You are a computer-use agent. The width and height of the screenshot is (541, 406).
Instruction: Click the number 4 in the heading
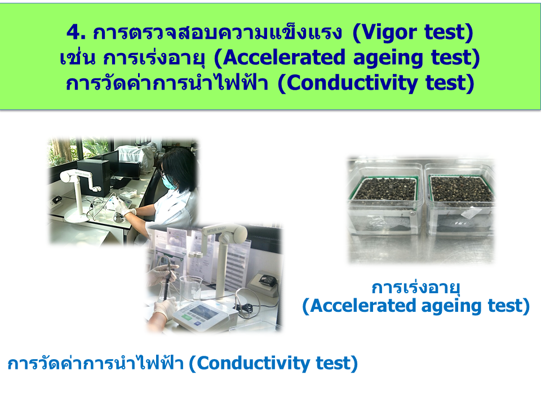pos(74,32)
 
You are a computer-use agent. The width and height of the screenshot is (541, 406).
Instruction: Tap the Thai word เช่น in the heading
pos(77,57)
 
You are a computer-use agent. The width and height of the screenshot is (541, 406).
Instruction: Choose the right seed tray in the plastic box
pos(461,189)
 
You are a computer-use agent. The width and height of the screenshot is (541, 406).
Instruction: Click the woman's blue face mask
pos(168,182)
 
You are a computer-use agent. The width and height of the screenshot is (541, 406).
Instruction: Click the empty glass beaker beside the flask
pos(191,289)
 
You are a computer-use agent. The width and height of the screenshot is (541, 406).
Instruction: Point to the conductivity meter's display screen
pos(202,313)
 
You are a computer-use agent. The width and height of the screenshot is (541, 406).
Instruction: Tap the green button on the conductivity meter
pos(187,316)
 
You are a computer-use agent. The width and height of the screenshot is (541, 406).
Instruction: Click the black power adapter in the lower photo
pos(267,280)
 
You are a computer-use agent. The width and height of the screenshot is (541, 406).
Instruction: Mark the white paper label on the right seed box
pos(468,214)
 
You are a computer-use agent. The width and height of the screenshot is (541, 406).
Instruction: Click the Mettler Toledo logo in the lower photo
pos(216,230)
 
